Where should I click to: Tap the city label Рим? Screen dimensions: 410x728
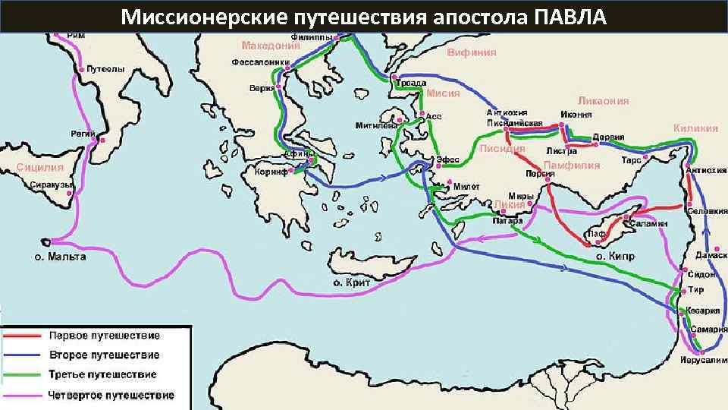pos(76,36)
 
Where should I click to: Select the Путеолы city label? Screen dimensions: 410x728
pos(105,69)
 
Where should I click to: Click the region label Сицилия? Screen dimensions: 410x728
pos(40,167)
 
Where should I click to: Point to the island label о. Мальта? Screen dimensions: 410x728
pos(60,257)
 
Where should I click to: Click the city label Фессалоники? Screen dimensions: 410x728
pos(260,62)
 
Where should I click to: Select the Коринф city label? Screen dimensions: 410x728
pos(270,172)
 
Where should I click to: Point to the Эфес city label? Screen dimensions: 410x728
pos(448,159)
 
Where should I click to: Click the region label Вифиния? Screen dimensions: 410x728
pos(472,52)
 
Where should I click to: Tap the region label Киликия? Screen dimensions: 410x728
pos(695,128)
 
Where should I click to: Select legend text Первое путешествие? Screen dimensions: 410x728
pos(104,335)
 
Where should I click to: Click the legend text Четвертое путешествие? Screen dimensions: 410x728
pos(111,395)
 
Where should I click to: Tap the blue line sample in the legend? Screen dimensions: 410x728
pos(23,355)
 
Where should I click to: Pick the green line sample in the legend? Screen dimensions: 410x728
pos(23,375)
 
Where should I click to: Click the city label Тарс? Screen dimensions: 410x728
pos(631,161)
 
